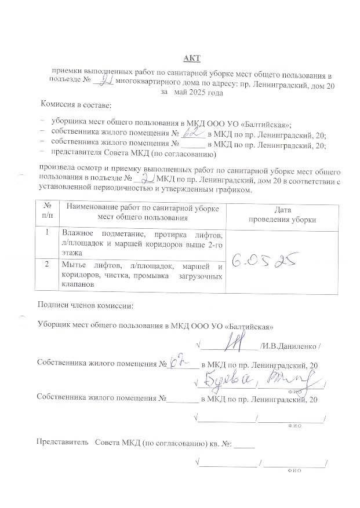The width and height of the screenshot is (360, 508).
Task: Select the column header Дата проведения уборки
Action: point(282,214)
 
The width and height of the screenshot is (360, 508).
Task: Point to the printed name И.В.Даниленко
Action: point(289,347)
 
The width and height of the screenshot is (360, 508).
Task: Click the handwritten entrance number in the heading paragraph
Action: point(104,82)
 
